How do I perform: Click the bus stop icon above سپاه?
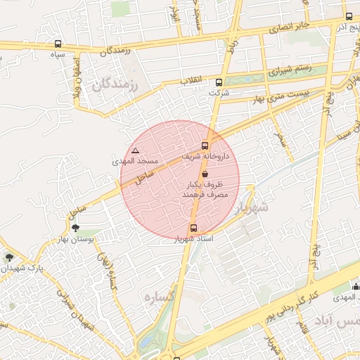click(58, 44)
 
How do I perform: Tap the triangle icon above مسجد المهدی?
click(136, 150)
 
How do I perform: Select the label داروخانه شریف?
click(205, 155)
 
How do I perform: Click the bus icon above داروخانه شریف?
click(205, 146)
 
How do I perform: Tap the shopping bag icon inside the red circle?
click(205, 173)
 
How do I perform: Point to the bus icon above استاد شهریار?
click(193, 228)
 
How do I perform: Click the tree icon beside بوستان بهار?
click(76, 228)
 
